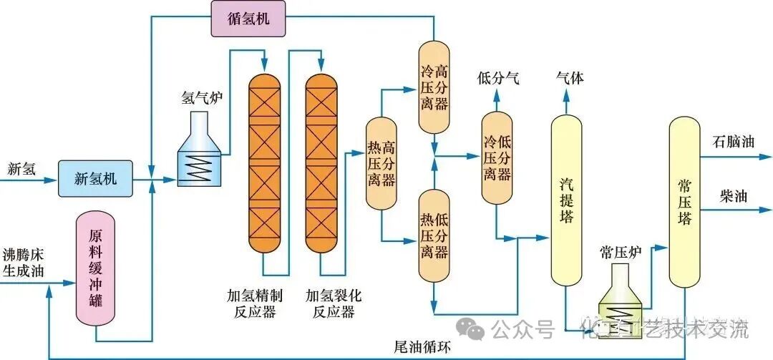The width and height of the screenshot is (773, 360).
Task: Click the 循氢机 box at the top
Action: (x=248, y=19)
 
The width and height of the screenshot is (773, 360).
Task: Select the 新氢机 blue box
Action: (x=95, y=178)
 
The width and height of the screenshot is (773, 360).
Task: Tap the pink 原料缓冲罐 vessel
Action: (x=96, y=269)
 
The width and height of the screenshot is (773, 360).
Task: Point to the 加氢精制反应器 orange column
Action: (x=265, y=165)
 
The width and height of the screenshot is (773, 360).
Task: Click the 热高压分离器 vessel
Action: (x=381, y=163)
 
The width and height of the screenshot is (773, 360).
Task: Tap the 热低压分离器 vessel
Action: (x=434, y=234)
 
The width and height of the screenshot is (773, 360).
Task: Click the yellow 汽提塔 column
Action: (x=566, y=200)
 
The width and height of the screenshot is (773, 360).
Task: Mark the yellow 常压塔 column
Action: (x=684, y=202)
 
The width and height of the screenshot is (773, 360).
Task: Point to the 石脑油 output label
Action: (x=733, y=141)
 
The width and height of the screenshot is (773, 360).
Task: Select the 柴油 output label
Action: (x=733, y=196)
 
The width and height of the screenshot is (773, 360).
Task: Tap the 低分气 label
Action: (x=498, y=79)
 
